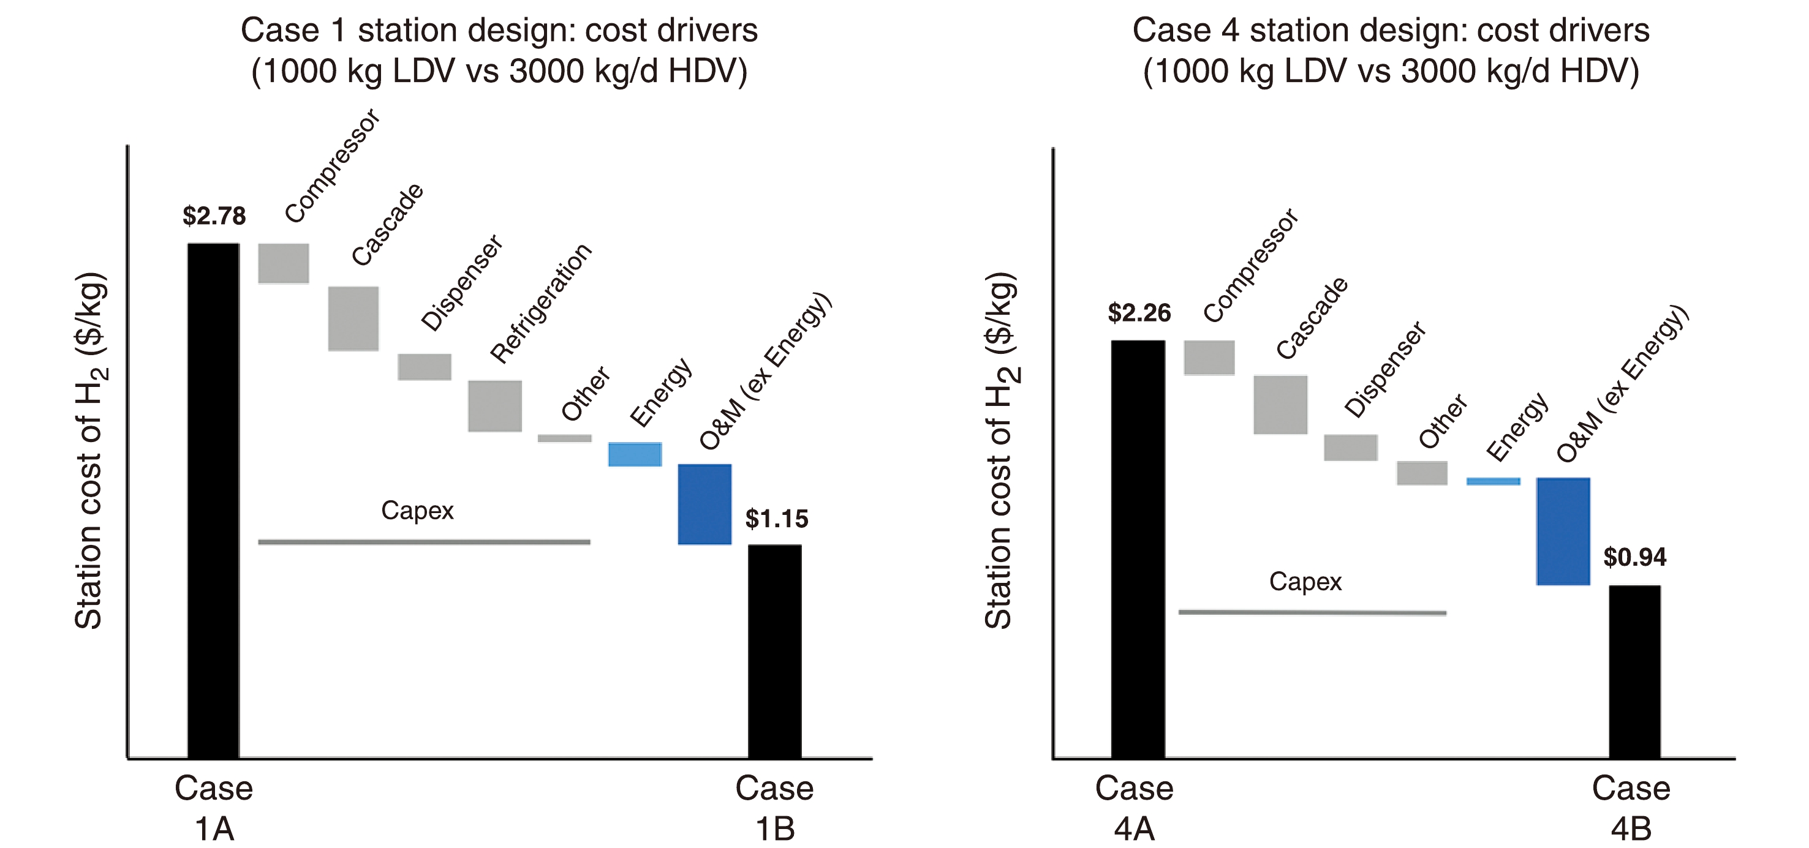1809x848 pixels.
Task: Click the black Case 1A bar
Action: [x=213, y=500]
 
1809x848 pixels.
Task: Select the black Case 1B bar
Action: [x=774, y=651]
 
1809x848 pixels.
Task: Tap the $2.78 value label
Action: [x=214, y=216]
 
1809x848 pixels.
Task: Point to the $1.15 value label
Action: [x=777, y=519]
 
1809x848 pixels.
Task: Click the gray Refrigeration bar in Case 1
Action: [x=495, y=406]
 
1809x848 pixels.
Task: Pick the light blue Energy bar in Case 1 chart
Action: [x=635, y=454]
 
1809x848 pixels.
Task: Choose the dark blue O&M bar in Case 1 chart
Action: [x=704, y=504]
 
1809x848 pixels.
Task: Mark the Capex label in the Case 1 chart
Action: [x=417, y=511]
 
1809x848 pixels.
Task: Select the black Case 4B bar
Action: [x=1635, y=671]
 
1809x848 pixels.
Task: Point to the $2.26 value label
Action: [x=1139, y=313]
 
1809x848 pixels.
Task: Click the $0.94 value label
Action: [x=1635, y=557]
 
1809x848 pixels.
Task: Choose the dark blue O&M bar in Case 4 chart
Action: [x=1563, y=531]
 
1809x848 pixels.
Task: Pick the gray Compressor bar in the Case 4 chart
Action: [x=1209, y=358]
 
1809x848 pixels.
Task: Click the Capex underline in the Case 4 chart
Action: [x=1312, y=613]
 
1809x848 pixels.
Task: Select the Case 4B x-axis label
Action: [x=1631, y=808]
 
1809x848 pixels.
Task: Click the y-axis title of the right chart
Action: [x=1000, y=449]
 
